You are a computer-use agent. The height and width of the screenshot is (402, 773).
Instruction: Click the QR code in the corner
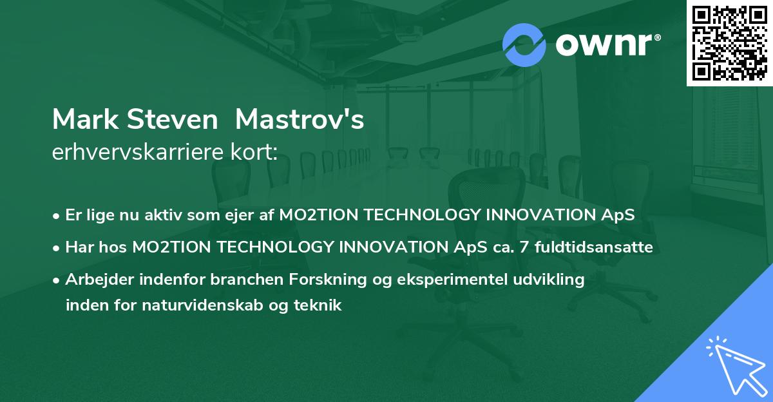pos(729,43)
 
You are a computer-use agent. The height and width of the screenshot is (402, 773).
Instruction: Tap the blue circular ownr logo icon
pos(524,44)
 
